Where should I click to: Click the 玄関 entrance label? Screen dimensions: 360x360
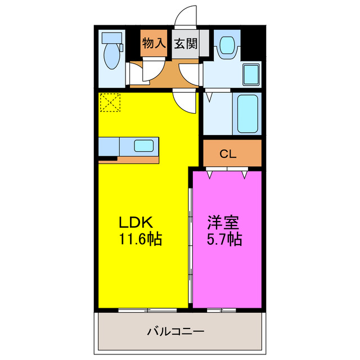pyautogui.click(x=185, y=43)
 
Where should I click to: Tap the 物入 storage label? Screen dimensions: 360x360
pyautogui.click(x=154, y=43)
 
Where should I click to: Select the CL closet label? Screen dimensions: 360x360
pyautogui.click(x=228, y=153)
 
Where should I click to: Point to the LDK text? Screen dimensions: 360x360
pyautogui.click(x=136, y=221)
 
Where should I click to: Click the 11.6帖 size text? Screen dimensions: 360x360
pyautogui.click(x=139, y=240)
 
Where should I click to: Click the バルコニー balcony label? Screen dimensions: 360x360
pyautogui.click(x=175, y=331)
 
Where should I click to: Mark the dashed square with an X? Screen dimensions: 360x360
pyautogui.click(x=110, y=102)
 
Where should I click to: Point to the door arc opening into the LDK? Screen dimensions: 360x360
pyautogui.click(x=183, y=102)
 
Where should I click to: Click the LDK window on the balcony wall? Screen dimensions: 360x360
pyautogui.click(x=147, y=309)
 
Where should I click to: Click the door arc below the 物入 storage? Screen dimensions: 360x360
pyautogui.click(x=151, y=71)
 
